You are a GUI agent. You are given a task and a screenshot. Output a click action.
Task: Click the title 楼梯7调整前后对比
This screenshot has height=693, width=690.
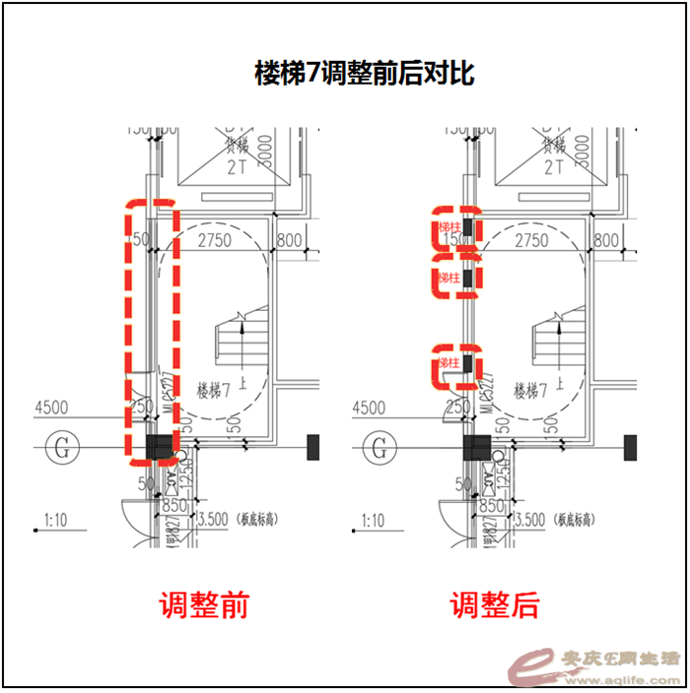click(x=365, y=74)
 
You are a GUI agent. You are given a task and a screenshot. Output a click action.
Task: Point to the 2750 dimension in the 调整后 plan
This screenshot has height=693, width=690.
click(x=531, y=240)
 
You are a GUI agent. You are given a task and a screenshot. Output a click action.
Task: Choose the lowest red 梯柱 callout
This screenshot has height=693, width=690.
click(x=456, y=364)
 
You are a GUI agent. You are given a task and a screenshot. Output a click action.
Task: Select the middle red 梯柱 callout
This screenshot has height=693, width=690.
click(x=456, y=278)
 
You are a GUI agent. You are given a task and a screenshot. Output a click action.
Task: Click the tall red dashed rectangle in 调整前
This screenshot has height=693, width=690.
click(x=151, y=332)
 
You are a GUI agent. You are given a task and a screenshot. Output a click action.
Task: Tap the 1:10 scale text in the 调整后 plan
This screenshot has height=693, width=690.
click(x=372, y=521)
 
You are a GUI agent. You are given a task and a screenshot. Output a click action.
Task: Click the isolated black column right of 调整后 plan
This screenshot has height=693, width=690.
click(x=630, y=449)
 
